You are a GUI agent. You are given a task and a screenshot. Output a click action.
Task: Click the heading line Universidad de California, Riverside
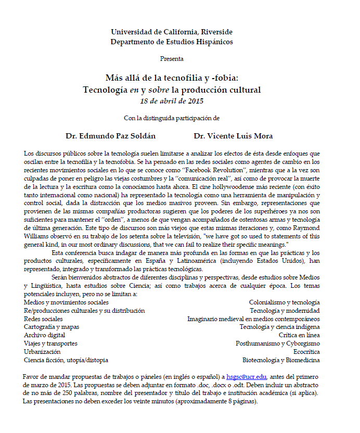point(172,32)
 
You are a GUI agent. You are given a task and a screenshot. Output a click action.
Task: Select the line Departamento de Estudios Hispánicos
point(172,42)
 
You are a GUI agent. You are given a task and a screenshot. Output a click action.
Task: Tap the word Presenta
point(172,59)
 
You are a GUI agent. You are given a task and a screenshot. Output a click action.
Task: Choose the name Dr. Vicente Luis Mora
point(233,136)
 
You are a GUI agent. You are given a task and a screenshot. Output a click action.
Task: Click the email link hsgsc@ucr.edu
point(247,376)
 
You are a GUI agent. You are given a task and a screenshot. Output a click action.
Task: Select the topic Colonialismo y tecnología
point(284,302)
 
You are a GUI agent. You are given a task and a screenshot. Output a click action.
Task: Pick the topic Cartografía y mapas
point(52,327)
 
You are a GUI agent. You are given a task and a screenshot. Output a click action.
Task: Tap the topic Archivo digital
point(45,335)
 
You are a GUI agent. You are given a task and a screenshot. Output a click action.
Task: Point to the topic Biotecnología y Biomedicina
point(281,360)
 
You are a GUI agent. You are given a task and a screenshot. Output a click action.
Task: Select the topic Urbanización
point(42,352)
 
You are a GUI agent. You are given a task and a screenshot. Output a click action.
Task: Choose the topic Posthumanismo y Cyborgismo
point(278,343)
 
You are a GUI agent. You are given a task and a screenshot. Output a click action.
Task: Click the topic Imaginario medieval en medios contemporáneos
point(253,319)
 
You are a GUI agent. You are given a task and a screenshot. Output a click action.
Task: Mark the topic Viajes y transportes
point(50,343)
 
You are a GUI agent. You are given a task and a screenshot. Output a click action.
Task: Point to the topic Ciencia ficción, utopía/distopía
point(66,360)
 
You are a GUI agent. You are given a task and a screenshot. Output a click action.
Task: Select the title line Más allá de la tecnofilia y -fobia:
point(172,78)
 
